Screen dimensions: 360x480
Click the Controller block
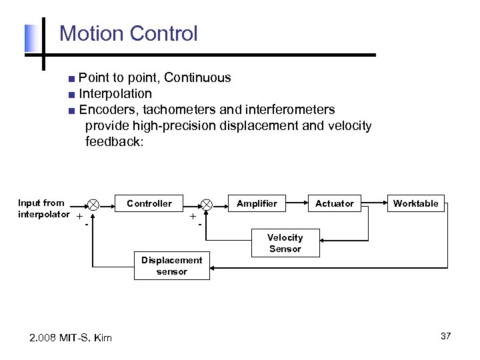coord(149,203)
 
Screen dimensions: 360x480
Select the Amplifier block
coord(257,203)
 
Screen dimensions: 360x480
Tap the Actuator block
coord(334,203)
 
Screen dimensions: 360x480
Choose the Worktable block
coord(415,203)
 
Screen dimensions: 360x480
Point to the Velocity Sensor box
coord(285,243)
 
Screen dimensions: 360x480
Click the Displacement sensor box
coord(171,266)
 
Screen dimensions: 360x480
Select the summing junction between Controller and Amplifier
coord(207,204)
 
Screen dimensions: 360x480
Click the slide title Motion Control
coord(129,33)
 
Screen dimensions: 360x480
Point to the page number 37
coord(445,336)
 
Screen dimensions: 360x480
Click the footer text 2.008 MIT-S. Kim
coord(71,338)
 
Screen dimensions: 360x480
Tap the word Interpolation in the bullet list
coord(115,93)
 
